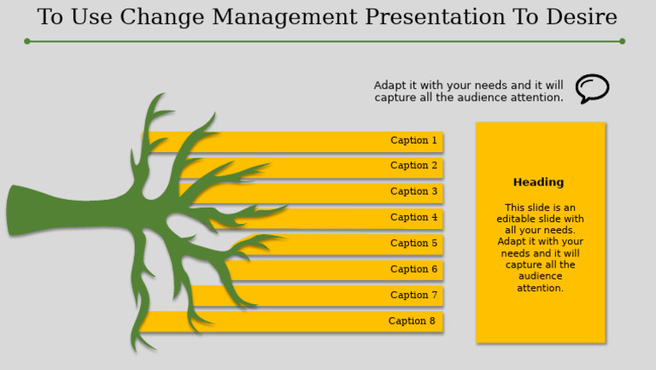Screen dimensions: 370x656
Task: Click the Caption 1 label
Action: [413, 140]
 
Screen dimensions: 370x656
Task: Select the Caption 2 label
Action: [413, 166]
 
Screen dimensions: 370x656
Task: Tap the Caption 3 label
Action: [413, 191]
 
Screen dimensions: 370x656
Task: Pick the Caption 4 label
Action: [413, 217]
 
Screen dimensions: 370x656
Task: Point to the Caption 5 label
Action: [413, 244]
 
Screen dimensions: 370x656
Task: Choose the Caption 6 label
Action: [413, 269]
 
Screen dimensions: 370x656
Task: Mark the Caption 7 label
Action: [413, 295]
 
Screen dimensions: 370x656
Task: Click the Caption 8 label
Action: [412, 321]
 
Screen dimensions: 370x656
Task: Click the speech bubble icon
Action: [592, 88]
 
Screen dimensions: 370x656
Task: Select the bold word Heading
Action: [538, 182]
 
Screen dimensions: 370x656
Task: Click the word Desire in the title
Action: [583, 17]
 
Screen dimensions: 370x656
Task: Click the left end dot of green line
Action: [27, 41]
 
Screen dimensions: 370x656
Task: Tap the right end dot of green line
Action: [622, 41]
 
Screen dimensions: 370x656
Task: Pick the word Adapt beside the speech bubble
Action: [389, 85]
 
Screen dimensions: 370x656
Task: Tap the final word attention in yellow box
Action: [540, 288]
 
